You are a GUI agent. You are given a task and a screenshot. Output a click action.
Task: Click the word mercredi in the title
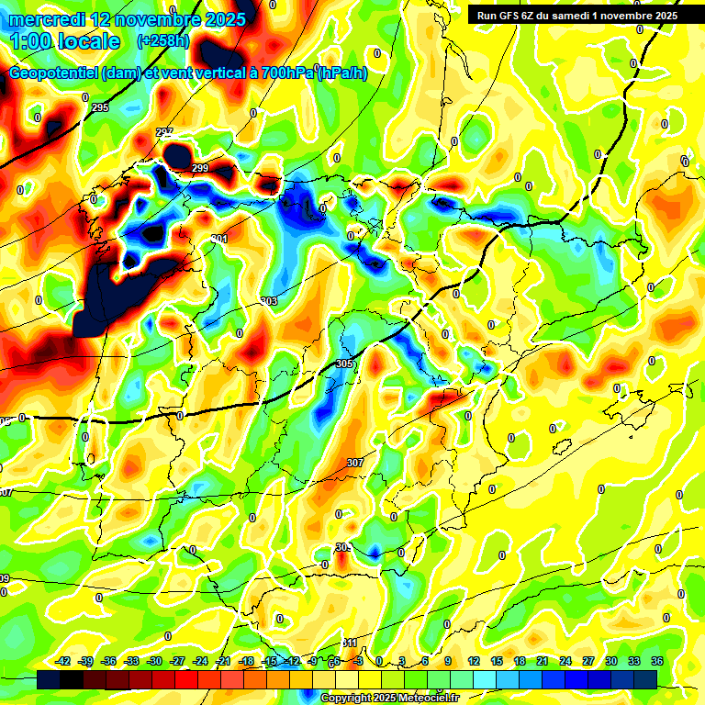click(x=46, y=19)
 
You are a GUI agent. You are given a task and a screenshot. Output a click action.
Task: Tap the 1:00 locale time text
click(x=64, y=41)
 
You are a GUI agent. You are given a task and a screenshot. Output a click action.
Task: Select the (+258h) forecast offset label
click(x=162, y=41)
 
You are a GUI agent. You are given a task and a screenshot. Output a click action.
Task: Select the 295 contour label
click(x=100, y=108)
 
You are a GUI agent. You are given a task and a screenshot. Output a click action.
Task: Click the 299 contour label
click(x=200, y=168)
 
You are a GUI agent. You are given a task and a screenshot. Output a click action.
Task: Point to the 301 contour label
click(x=218, y=239)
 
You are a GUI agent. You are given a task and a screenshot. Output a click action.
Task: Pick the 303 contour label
click(x=268, y=301)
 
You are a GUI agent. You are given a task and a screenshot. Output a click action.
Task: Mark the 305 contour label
click(x=344, y=364)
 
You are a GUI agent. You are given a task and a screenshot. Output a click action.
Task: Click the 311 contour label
click(x=349, y=643)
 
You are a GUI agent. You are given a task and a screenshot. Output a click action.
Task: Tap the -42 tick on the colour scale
click(x=63, y=661)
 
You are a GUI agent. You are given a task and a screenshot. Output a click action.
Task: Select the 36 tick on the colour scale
click(x=657, y=661)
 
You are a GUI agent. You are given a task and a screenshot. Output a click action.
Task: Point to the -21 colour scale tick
click(x=223, y=661)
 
